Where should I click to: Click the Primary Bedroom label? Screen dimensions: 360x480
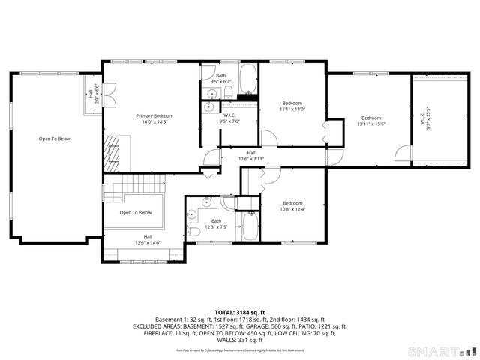coord(154,115)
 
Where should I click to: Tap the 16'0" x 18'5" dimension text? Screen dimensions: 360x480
coord(154,122)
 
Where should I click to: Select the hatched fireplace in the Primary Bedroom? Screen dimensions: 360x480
coord(112,149)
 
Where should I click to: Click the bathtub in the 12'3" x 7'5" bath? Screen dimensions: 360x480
coord(248,226)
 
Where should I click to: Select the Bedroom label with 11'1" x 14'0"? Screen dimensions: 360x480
coord(292,103)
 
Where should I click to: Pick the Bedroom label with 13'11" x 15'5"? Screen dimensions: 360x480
coord(371,118)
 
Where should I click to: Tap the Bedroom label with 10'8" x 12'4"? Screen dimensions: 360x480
coord(292,203)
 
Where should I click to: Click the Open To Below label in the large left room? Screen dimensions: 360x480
coord(55,139)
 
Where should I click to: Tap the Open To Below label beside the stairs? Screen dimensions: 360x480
coord(136,212)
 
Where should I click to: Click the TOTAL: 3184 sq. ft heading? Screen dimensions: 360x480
coord(240,312)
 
